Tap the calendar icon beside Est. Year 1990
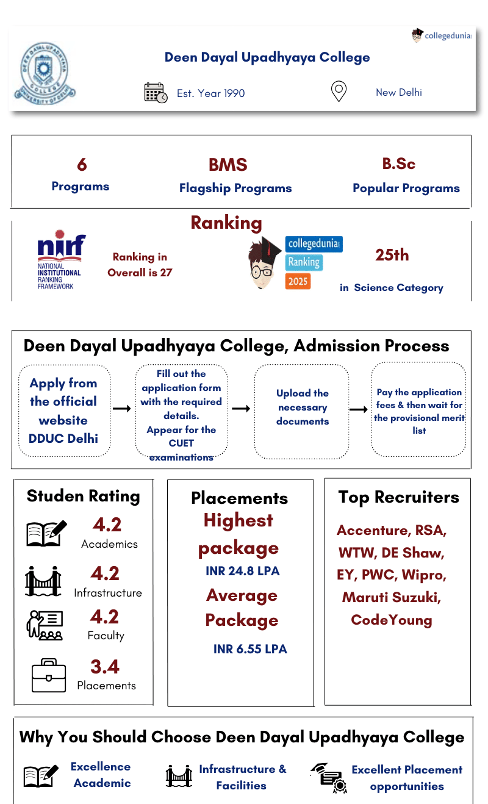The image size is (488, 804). [156, 93]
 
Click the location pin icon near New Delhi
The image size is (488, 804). [339, 92]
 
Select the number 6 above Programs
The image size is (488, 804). [82, 165]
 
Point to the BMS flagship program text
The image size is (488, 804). [228, 165]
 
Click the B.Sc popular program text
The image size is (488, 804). [399, 163]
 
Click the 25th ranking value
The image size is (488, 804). [392, 255]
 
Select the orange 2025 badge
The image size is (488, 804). [298, 281]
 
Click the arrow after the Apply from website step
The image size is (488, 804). [122, 408]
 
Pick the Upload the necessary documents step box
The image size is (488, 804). [302, 407]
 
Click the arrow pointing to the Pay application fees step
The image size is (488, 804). [358, 409]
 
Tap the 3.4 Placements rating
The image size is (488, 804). [105, 667]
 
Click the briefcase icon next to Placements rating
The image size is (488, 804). [49, 675]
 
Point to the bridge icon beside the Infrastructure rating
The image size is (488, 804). [43, 581]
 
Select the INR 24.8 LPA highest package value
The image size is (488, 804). [243, 571]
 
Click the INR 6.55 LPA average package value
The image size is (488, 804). [250, 649]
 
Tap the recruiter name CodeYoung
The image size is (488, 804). [392, 620]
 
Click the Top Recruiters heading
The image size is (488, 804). [398, 497]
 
